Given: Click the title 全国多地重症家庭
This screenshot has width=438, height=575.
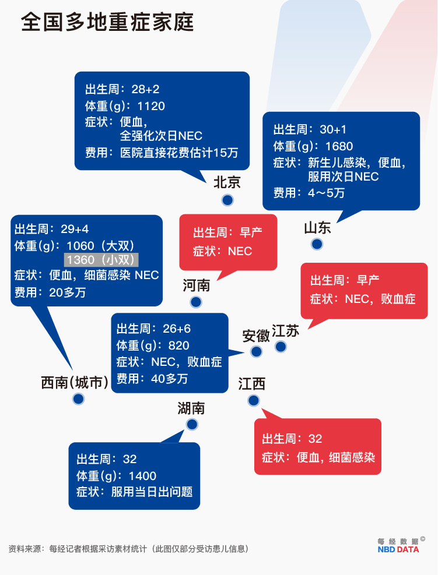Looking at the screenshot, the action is click(107, 22).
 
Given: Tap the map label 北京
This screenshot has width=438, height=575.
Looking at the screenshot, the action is click(227, 182).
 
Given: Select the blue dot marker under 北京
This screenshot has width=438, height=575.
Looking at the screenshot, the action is click(227, 200).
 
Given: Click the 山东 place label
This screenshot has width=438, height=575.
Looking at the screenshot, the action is click(318, 228).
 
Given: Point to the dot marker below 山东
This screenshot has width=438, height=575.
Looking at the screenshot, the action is click(317, 244).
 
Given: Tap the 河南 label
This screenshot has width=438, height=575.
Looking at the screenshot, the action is click(197, 285).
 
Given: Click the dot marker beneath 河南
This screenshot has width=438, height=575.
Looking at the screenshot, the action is click(196, 302).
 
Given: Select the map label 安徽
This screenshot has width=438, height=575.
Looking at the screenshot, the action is click(256, 336).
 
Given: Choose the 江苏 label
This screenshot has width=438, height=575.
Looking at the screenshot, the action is click(286, 331).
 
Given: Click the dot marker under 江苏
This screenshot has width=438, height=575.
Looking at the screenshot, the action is click(281, 347).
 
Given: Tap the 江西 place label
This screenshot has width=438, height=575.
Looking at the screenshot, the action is click(251, 384).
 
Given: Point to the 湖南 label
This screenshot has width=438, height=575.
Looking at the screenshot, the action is click(191, 408).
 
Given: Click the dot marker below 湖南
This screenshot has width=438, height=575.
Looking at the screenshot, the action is click(192, 425).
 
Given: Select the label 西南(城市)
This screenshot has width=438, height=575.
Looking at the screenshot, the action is click(75, 383).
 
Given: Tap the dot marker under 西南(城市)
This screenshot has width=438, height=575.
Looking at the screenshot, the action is click(78, 399).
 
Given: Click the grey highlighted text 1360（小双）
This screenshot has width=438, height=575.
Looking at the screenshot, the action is click(101, 260).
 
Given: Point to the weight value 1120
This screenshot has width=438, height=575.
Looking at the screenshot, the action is click(151, 107).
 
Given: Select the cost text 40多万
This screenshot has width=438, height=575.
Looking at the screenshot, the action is click(169, 379).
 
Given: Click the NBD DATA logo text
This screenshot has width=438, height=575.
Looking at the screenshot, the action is click(398, 550).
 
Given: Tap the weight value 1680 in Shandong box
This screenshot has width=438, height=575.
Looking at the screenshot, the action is click(339, 146).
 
